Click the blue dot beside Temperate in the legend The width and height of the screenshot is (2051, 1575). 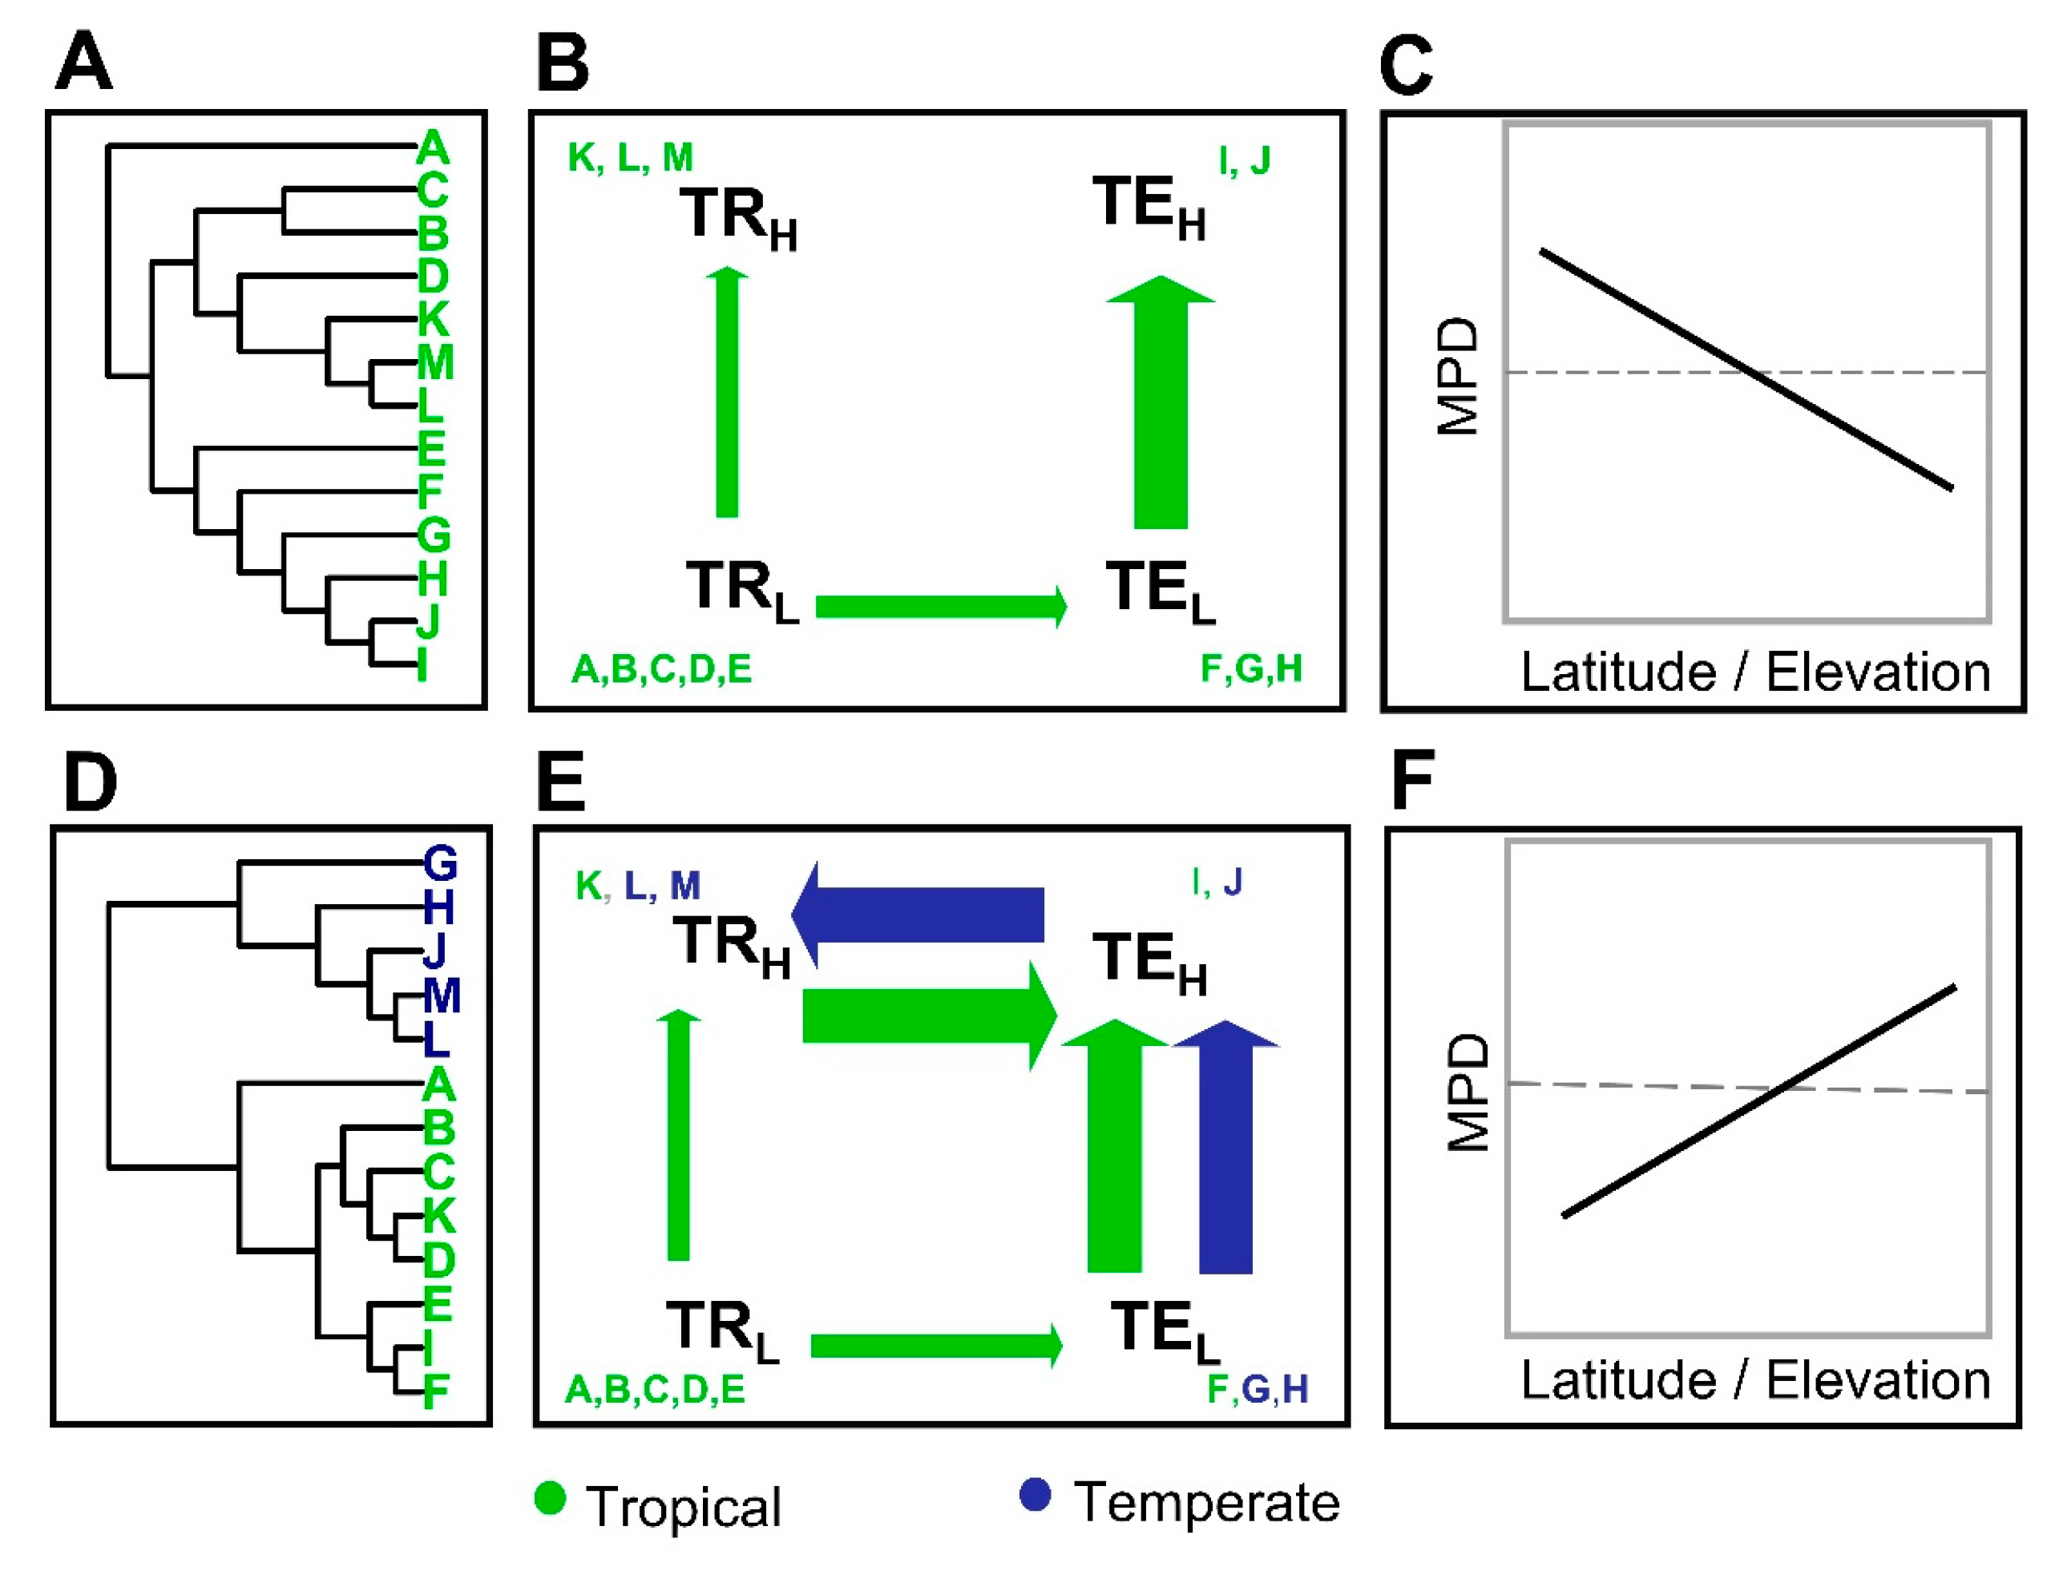coord(1035,1494)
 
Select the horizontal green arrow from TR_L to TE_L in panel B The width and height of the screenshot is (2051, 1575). coord(940,606)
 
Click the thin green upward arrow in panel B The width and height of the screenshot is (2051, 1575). coord(726,394)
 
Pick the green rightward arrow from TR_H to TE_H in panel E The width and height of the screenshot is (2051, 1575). coord(928,1016)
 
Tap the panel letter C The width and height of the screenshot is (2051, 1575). coord(1406,66)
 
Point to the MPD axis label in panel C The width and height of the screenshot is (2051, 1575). coord(1458,376)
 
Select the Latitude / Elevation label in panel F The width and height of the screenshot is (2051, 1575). coord(1754,1380)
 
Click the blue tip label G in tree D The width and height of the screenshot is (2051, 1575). coord(440,862)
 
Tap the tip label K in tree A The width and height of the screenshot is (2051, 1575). coord(433,319)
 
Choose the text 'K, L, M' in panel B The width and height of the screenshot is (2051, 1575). coord(630,157)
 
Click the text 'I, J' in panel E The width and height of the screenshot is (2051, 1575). coord(1217,881)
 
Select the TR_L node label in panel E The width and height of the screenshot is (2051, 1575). coord(722,1330)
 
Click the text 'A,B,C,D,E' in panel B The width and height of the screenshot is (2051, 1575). coord(661,669)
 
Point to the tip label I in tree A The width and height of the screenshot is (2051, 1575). coord(422,664)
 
